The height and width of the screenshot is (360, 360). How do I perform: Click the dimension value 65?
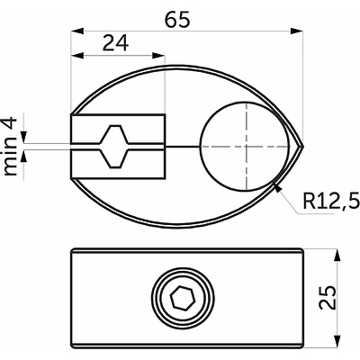(x=178, y=20)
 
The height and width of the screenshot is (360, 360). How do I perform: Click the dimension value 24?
(x=115, y=43)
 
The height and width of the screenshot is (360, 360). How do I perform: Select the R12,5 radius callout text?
(x=331, y=201)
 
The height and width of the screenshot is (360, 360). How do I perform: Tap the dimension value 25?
(x=327, y=297)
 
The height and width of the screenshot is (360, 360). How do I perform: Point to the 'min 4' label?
(x=10, y=147)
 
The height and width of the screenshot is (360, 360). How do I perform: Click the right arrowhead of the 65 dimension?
(x=297, y=31)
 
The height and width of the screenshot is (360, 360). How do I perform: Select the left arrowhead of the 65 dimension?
(x=76, y=31)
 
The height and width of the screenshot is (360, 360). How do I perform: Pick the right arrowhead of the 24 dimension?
(x=158, y=56)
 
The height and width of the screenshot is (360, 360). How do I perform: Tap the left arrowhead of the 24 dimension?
(x=76, y=56)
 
